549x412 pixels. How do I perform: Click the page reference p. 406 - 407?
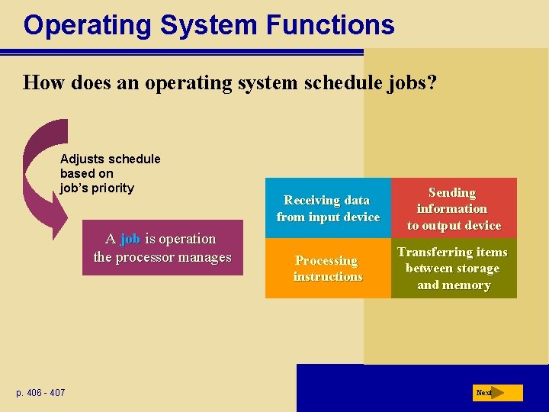[40, 393]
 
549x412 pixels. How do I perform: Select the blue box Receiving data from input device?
[328, 208]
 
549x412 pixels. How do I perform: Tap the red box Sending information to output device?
[454, 208]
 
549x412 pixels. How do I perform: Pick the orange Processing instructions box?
[328, 269]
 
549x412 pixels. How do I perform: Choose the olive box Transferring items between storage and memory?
[454, 269]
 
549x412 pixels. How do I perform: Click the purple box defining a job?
[162, 248]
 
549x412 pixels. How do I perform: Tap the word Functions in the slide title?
[330, 26]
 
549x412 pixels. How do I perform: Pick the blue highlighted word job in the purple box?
[130, 239]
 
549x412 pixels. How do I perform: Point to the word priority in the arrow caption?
[113, 188]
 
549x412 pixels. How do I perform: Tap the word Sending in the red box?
[452, 193]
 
